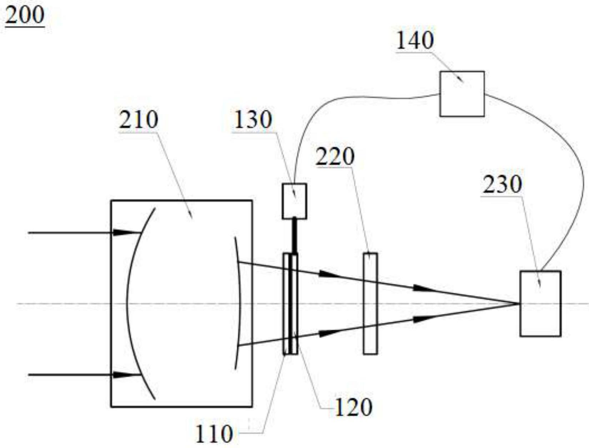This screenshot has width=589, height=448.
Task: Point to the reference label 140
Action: [415, 40]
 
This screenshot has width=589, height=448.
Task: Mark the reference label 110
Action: [214, 434]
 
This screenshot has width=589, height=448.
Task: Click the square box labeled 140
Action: [462, 94]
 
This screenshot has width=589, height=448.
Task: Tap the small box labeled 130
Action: [294, 201]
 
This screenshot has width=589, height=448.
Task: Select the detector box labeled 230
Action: [540, 304]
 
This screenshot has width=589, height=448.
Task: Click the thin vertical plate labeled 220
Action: [370, 304]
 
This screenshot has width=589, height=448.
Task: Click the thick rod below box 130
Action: [294, 235]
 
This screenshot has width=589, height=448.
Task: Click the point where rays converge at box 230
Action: [519, 304]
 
